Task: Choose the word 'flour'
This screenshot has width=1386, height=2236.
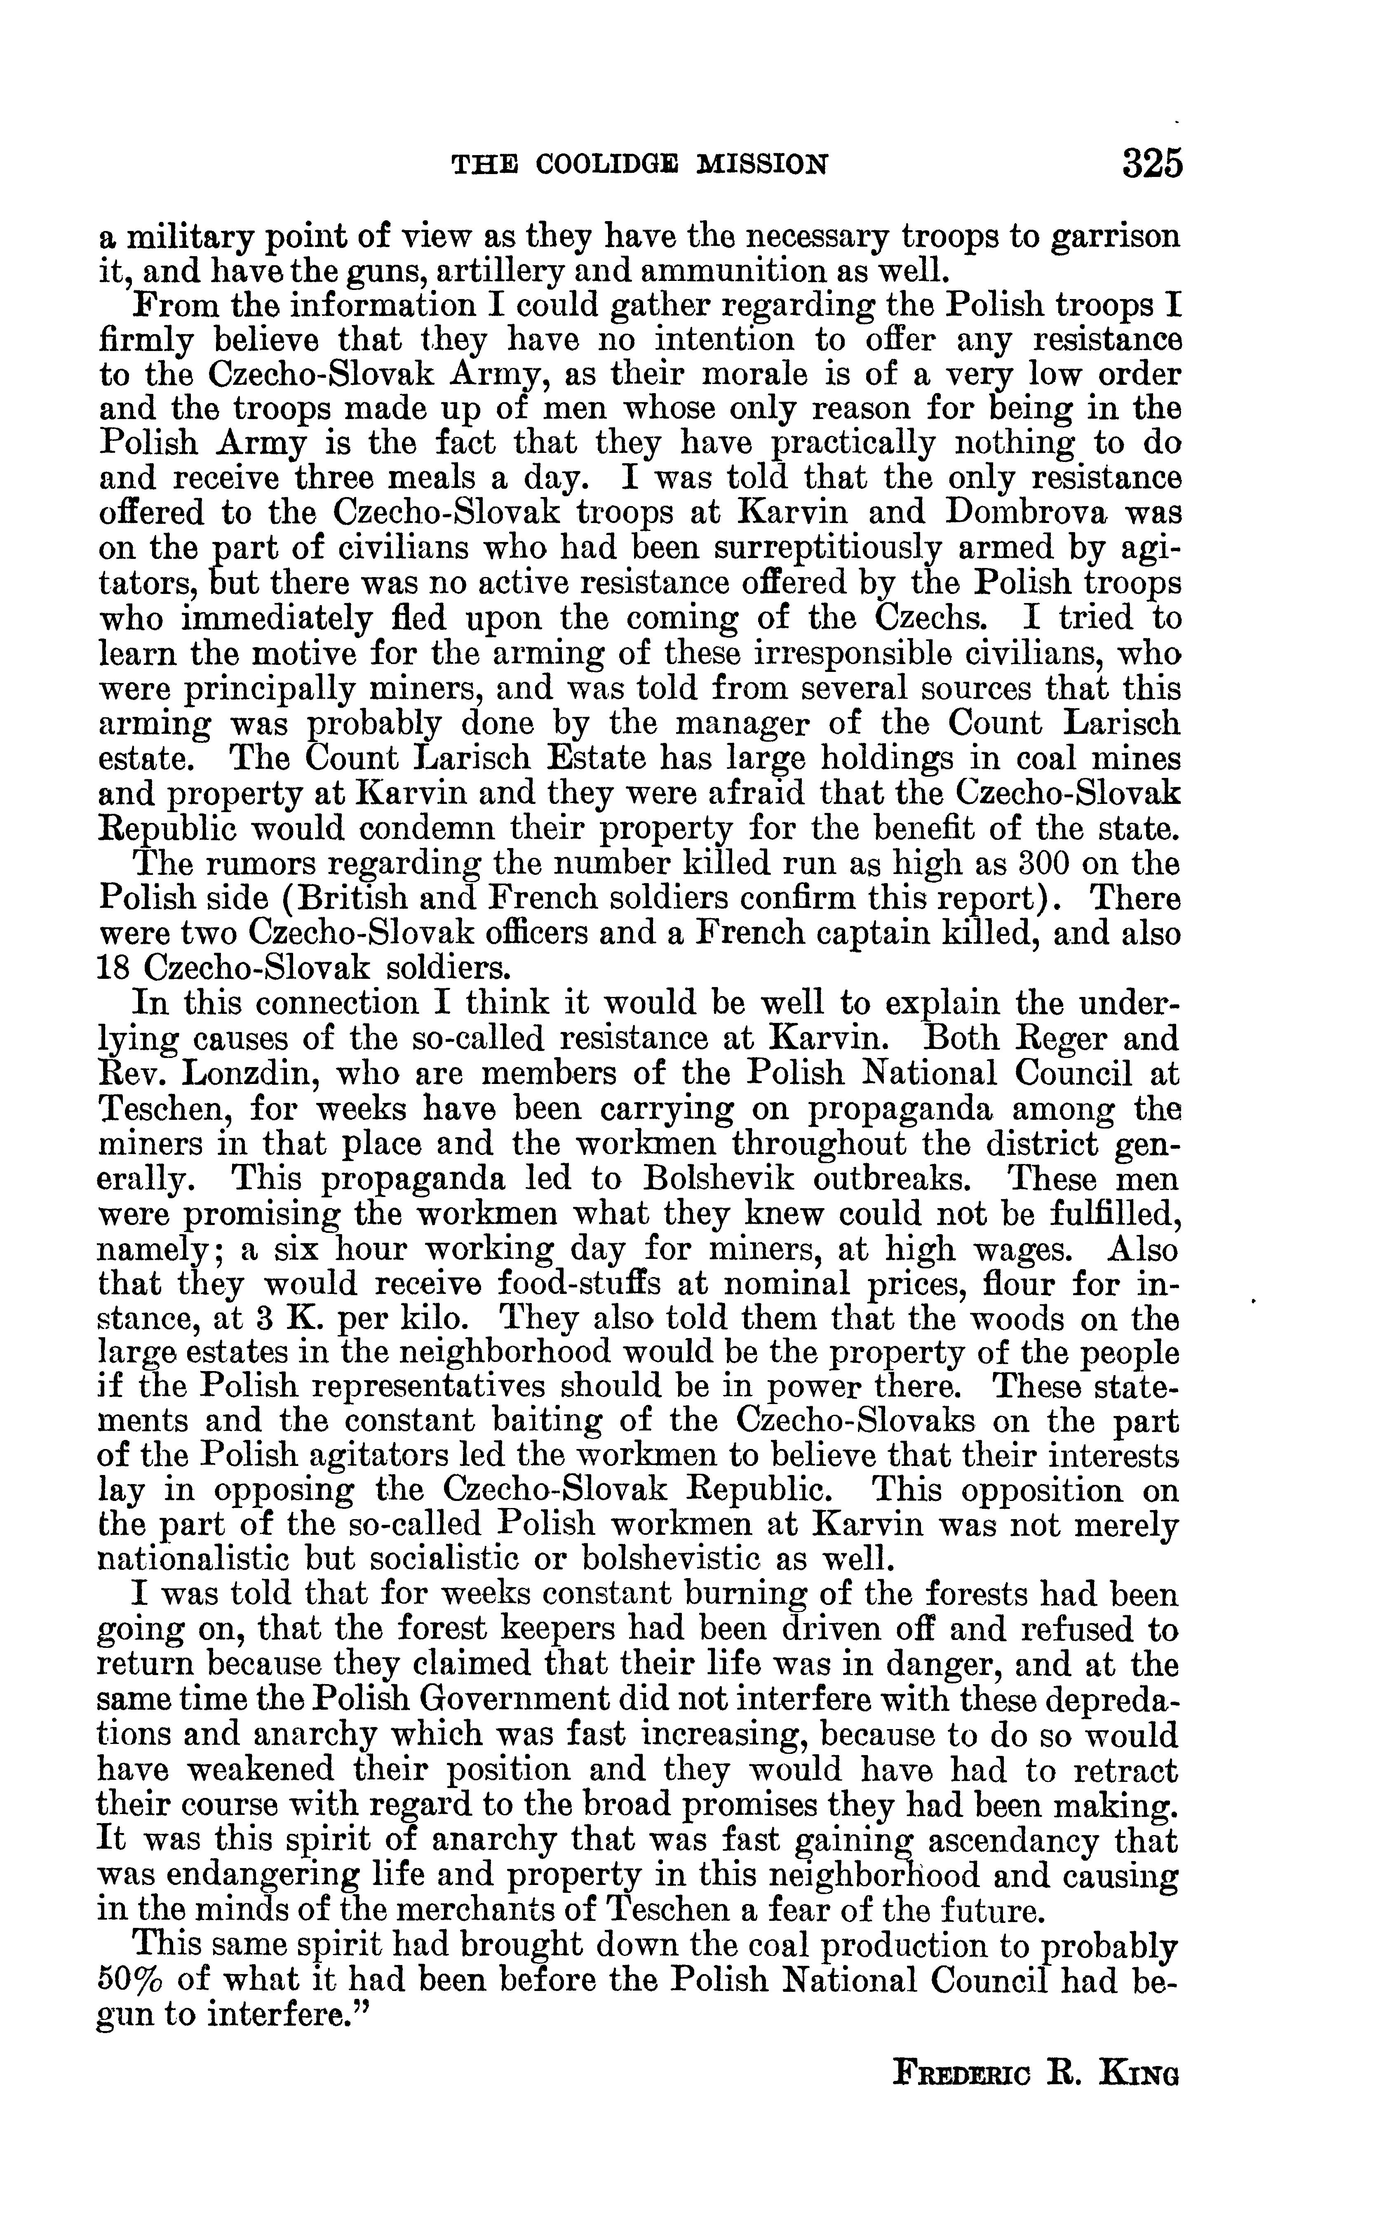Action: (1054, 1282)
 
